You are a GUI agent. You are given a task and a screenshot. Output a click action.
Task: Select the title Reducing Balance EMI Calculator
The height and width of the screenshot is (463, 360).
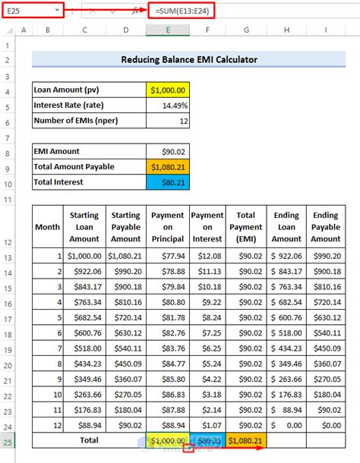click(x=189, y=59)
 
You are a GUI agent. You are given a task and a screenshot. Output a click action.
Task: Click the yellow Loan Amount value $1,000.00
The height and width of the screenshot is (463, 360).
click(x=168, y=90)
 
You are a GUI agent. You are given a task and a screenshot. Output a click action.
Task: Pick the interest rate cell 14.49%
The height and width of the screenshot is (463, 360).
click(x=168, y=105)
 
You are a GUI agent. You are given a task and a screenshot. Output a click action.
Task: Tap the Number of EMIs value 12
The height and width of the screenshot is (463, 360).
click(x=168, y=121)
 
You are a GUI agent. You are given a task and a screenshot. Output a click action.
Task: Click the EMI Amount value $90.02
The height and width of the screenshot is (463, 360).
click(x=168, y=151)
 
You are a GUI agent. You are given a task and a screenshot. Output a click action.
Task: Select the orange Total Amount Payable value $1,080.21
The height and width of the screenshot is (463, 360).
click(x=168, y=166)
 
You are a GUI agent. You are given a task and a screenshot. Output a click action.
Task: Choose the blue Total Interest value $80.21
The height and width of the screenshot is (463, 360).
click(x=168, y=182)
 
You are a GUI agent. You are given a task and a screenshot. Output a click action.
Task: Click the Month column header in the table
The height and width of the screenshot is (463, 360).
click(x=47, y=227)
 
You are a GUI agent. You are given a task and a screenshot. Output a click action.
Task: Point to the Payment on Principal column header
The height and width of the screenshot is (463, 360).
click(x=168, y=227)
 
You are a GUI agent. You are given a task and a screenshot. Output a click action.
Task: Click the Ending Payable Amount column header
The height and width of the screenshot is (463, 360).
click(x=326, y=227)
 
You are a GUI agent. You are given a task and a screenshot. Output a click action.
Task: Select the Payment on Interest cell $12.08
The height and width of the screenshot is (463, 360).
click(x=207, y=257)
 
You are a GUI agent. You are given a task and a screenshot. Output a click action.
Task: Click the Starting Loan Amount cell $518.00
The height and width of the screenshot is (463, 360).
click(x=85, y=348)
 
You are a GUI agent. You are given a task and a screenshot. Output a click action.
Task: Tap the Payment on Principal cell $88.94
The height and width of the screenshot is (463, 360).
click(x=168, y=424)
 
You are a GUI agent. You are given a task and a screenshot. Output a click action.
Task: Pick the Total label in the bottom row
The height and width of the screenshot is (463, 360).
click(x=90, y=440)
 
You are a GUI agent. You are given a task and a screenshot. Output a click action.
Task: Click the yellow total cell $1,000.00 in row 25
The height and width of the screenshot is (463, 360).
click(x=168, y=440)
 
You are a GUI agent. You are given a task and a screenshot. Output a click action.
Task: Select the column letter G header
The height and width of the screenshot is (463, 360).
click(x=246, y=30)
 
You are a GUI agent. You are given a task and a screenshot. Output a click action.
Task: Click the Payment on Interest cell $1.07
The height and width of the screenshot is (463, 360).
click(x=207, y=424)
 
